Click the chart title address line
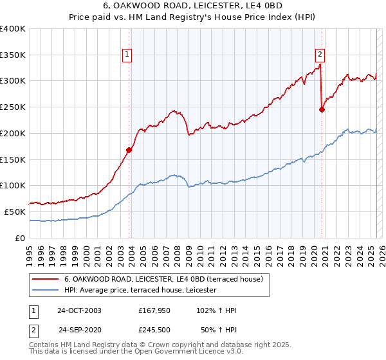193,7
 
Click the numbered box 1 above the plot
128,55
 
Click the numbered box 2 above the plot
320,55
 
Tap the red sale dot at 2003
129,150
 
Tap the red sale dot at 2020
322,109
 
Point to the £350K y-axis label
13,55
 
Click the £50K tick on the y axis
15,212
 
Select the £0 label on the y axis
20,238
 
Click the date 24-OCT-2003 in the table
79,310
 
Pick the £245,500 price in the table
154,330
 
